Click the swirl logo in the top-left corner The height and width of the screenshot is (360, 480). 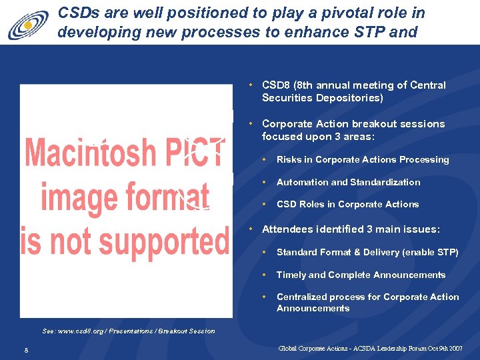(28, 26)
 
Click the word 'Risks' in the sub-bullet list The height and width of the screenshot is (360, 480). (289, 160)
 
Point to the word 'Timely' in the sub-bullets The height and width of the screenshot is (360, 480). (291, 275)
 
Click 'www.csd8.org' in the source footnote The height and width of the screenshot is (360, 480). (85, 331)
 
